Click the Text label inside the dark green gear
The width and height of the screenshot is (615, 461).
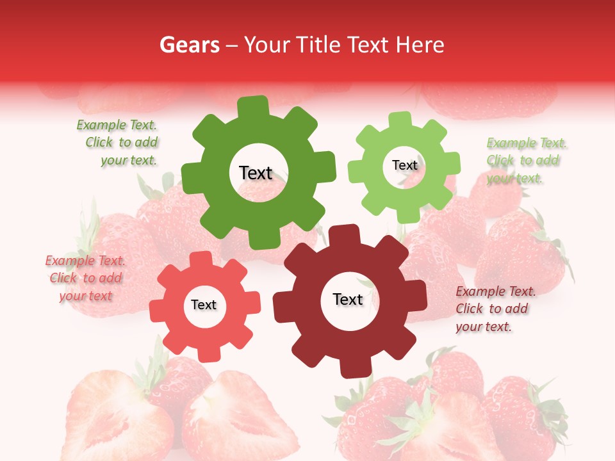(256, 173)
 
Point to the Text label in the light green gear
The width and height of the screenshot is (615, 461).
(404, 165)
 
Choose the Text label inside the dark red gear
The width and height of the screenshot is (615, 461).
(348, 300)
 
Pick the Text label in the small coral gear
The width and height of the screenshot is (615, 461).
(204, 305)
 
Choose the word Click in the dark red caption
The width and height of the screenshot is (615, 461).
(470, 309)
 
